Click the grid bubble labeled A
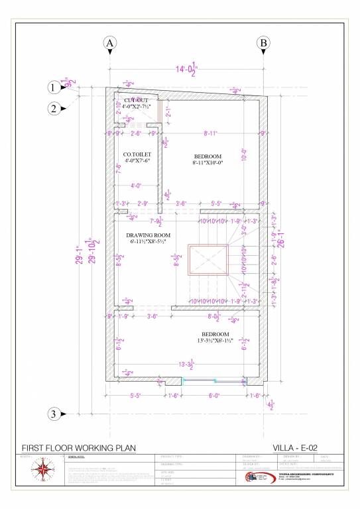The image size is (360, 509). coord(110,43)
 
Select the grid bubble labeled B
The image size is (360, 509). coord(263,43)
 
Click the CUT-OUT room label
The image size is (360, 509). coord(136,99)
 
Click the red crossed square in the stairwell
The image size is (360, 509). coord(208,259)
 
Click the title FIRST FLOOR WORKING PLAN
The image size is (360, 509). coord(79,448)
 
